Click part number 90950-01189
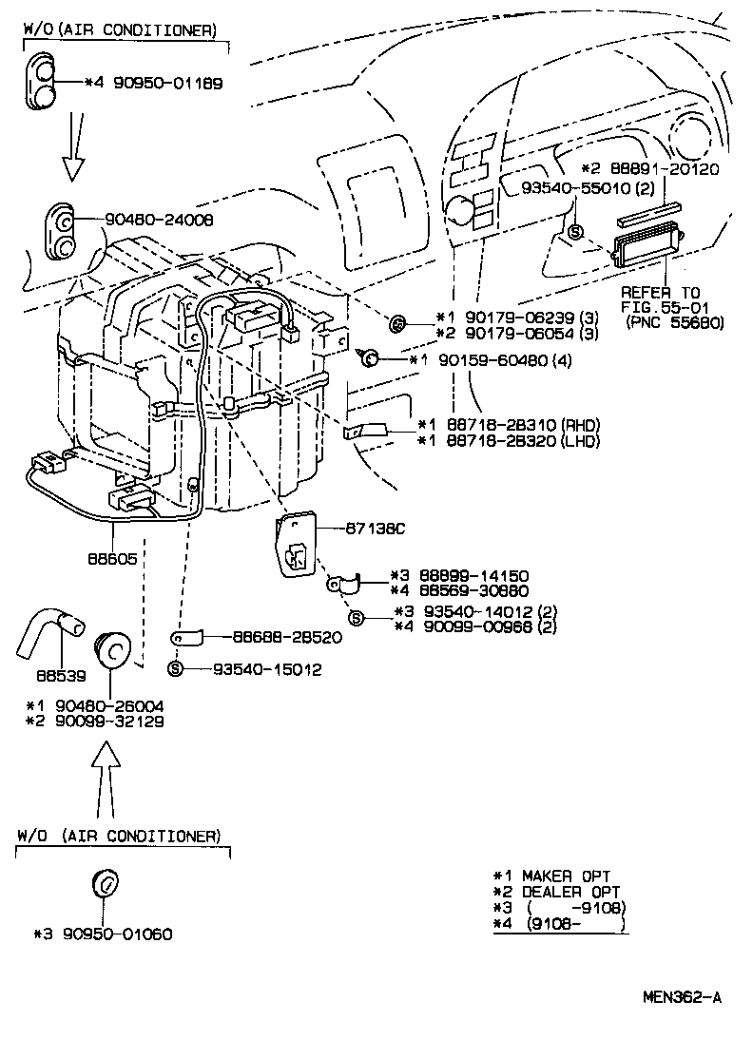168,84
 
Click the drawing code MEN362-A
681,998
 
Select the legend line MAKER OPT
566,876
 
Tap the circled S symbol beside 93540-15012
175,669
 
